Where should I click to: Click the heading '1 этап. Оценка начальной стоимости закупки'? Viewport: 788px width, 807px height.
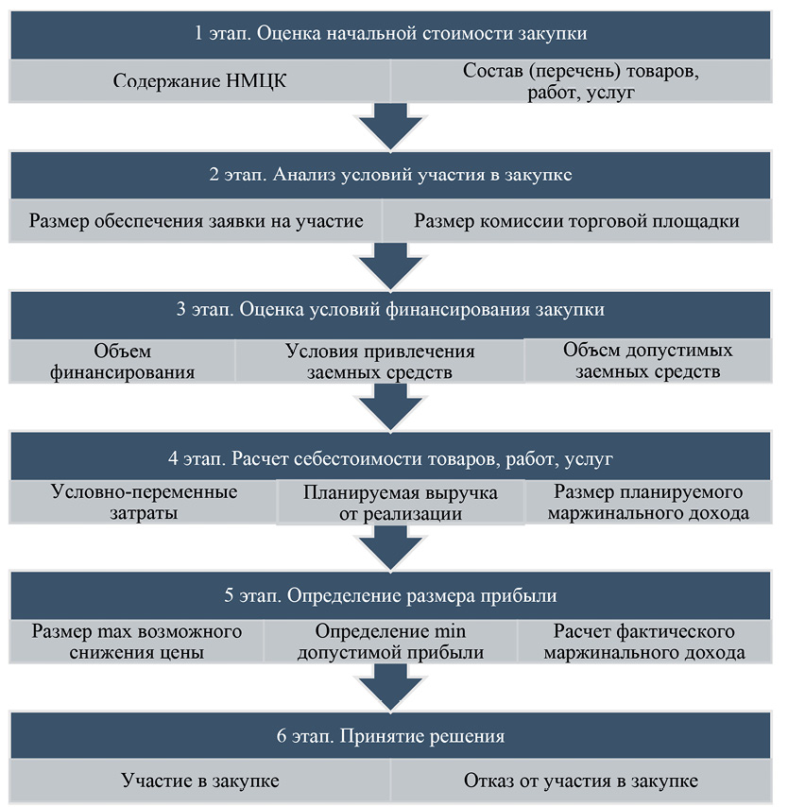(390, 34)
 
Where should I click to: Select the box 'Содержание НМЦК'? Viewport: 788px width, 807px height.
(199, 81)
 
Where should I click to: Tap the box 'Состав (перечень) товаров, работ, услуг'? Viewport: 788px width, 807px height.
(581, 81)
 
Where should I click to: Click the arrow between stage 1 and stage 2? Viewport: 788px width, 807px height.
(390, 127)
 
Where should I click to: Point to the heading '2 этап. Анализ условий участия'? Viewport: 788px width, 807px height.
(390, 175)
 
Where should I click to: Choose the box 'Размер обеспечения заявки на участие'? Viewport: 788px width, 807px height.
(196, 221)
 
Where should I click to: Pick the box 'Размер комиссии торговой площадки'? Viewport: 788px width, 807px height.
(577, 221)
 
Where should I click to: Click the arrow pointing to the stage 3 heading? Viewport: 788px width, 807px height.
(390, 266)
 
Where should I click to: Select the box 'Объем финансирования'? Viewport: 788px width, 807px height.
(122, 361)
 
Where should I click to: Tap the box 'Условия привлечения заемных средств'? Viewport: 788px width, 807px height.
(380, 361)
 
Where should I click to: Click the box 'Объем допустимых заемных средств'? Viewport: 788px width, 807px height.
(648, 360)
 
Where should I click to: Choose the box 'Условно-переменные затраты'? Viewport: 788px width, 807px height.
(144, 502)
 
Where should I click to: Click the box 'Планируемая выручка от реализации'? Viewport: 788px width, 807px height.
(401, 503)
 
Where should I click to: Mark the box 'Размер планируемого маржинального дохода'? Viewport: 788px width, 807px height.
(648, 502)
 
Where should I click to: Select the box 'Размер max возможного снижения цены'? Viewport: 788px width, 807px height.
(136, 642)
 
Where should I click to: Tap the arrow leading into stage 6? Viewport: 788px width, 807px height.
(390, 688)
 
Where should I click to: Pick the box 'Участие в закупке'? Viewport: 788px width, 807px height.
(199, 781)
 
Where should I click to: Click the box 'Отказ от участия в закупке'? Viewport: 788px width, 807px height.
(581, 781)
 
